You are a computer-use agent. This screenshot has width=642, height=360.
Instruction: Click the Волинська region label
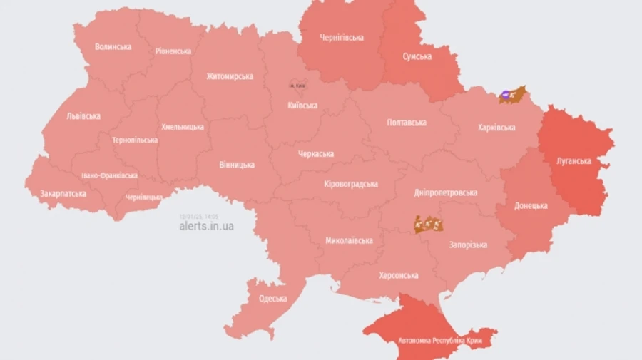113,47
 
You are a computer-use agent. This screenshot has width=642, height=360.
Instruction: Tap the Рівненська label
173,51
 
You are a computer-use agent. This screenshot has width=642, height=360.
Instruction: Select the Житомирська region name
230,76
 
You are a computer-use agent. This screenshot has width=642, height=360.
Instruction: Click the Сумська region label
417,56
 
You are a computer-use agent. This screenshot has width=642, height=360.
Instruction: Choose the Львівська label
83,116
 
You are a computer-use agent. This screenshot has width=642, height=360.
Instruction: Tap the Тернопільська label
134,140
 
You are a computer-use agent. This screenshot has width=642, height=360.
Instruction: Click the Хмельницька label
182,127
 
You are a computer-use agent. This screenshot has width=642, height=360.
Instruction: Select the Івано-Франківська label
109,175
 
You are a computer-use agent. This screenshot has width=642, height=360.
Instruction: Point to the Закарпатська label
63,193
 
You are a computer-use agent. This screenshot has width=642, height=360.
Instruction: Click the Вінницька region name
236,165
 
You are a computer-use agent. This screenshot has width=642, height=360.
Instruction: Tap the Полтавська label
407,123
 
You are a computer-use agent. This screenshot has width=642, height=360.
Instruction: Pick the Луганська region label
574,160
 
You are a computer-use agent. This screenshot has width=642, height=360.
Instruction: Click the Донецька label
531,206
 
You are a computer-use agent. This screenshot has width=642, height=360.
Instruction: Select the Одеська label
272,299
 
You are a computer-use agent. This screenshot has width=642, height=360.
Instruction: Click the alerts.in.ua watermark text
206,226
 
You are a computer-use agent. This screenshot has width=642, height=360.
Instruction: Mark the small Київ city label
297,86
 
